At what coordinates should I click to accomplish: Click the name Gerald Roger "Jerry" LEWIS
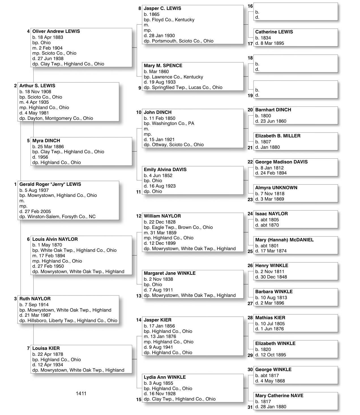point(50,184)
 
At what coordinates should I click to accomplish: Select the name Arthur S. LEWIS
point(37,86)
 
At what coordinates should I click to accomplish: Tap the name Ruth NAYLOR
point(35,299)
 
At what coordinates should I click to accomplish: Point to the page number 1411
point(81,393)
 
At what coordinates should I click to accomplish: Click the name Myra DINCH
point(46,141)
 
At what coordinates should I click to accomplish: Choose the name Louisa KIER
point(46,348)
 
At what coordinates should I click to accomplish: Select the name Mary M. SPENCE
point(163,66)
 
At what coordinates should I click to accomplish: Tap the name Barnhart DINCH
point(273,110)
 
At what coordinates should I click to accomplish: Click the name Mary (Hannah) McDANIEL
point(284,240)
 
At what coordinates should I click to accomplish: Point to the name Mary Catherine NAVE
point(279,396)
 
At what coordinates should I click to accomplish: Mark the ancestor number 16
point(250,6)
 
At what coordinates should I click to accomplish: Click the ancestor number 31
point(250,407)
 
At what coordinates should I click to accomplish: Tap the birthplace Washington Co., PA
point(173,124)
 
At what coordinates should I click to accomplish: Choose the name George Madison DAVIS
point(281,162)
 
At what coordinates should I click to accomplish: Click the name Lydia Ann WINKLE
point(165,377)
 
